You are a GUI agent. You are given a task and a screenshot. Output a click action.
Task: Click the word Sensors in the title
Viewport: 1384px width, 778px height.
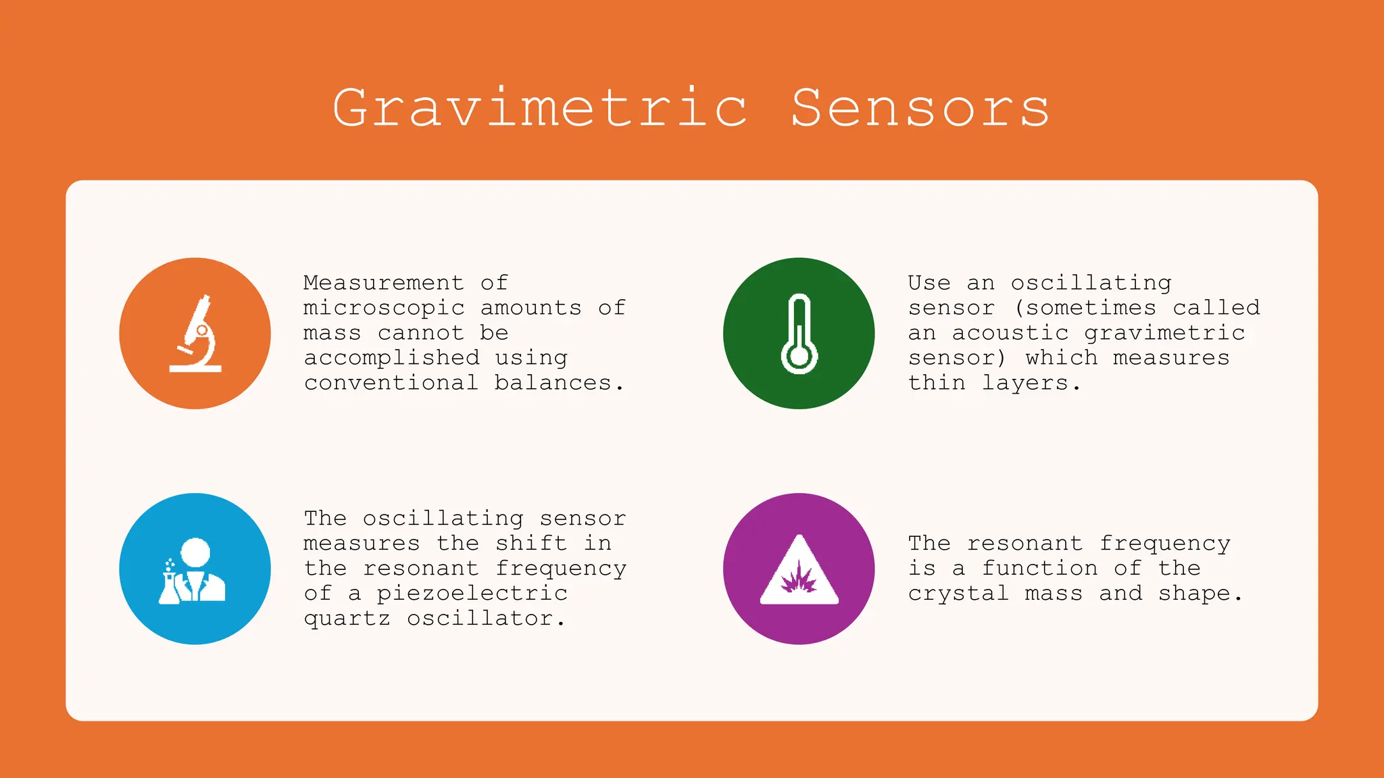(920, 108)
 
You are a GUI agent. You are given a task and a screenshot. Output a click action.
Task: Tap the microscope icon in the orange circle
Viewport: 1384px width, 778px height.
(195, 334)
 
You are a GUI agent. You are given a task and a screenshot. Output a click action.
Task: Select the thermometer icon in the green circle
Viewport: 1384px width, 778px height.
(799, 334)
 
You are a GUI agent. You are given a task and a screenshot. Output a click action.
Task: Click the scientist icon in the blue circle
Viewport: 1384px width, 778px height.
(193, 571)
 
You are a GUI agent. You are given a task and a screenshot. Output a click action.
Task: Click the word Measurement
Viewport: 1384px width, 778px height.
(383, 282)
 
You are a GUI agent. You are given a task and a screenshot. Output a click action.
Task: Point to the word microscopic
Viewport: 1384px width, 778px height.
(383, 308)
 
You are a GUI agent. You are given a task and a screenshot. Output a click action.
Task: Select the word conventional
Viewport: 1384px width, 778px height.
(391, 383)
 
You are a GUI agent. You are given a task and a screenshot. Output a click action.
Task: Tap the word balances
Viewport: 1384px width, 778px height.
(553, 383)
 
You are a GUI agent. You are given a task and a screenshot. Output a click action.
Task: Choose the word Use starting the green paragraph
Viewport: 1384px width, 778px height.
(929, 282)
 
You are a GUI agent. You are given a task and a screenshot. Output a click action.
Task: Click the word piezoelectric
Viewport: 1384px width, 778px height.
(472, 594)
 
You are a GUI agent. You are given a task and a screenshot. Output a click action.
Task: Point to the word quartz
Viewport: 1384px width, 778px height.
(347, 619)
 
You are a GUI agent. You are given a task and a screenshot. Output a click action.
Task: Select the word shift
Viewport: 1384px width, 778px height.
(530, 543)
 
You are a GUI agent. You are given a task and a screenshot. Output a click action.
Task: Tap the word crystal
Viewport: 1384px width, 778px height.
(958, 594)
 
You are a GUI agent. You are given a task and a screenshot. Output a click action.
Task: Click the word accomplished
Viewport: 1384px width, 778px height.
(391, 358)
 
